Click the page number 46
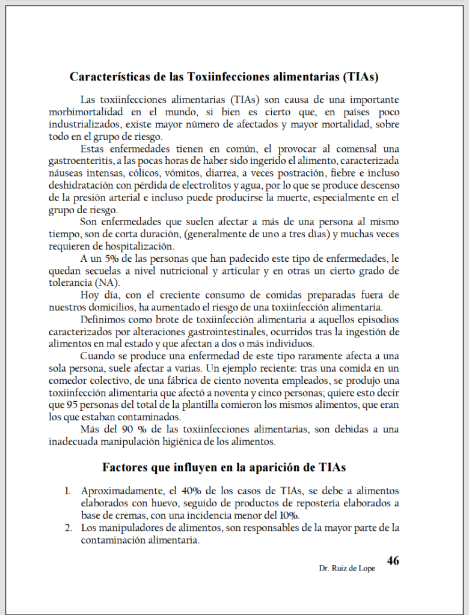coord(393,561)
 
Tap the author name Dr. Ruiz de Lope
coord(347,568)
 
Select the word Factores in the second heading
coord(126,467)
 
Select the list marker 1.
coord(68,491)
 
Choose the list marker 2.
coord(68,528)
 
